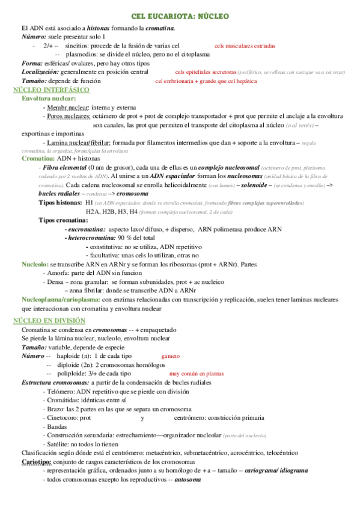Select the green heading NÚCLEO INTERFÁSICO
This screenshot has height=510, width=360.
coord(51,90)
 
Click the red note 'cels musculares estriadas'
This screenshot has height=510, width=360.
coord(245,46)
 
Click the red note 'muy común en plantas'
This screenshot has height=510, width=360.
coord(193,373)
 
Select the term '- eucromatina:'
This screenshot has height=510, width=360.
coord(85,229)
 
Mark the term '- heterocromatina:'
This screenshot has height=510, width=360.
coord(91,238)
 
